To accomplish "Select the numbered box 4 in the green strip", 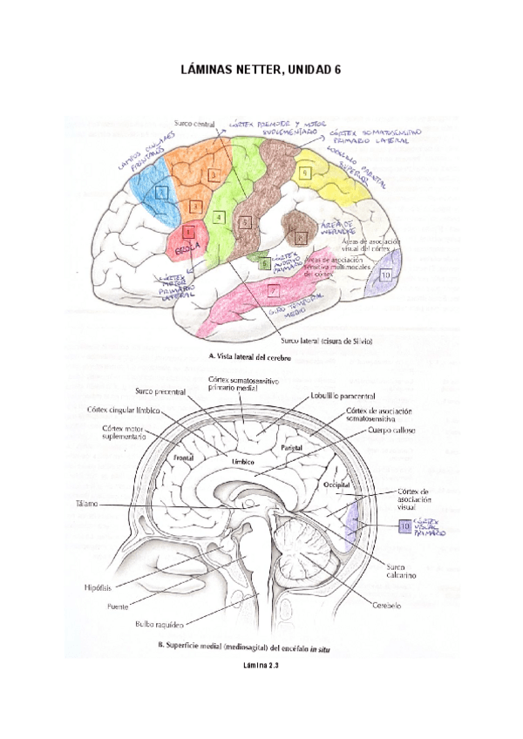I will click(219, 216).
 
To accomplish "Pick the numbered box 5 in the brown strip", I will click(246, 224).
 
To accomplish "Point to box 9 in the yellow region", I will click(305, 173).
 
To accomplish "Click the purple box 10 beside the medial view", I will click(404, 526).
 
